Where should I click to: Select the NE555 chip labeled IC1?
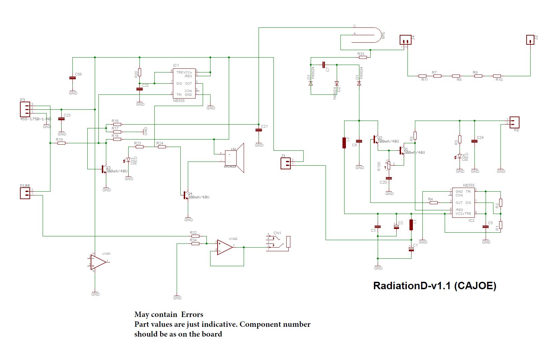[x=184, y=83]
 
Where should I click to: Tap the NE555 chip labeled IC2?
[x=463, y=203]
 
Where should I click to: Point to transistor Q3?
[x=104, y=169]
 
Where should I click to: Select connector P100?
[x=25, y=193]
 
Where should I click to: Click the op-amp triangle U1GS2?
[x=224, y=248]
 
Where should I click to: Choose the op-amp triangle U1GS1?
[x=98, y=262]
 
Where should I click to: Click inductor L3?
[x=344, y=143]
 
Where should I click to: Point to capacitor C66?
[x=72, y=78]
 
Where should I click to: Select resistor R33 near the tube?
[x=362, y=58]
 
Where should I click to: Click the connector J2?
[x=530, y=40]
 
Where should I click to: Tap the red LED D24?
[x=459, y=156]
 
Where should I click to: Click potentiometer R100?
[x=389, y=165]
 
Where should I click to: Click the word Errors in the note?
[x=192, y=315]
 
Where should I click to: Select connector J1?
[x=286, y=164]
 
